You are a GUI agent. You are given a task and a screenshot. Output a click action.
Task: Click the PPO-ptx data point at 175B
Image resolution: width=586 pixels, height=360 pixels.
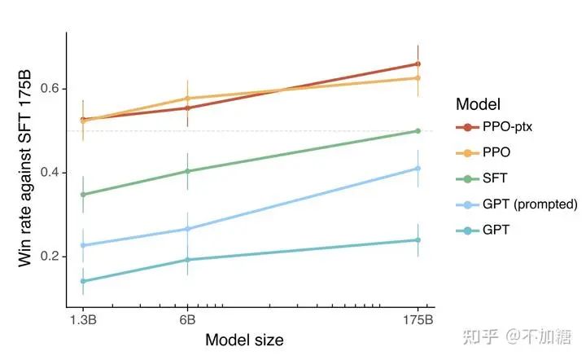tap(418, 64)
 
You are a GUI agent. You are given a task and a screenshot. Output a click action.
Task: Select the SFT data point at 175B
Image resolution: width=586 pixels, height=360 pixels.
tap(418, 130)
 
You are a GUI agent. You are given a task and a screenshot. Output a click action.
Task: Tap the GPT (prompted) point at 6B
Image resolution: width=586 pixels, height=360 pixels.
tap(188, 229)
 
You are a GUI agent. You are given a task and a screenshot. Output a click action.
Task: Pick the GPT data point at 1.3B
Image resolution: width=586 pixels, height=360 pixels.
tap(83, 281)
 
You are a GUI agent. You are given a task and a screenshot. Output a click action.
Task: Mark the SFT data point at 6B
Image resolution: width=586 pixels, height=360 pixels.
tap(188, 171)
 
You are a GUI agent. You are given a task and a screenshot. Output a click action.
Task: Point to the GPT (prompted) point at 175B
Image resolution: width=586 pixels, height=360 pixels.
tap(418, 169)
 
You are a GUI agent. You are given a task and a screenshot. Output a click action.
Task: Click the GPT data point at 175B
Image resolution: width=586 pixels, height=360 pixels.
tap(418, 240)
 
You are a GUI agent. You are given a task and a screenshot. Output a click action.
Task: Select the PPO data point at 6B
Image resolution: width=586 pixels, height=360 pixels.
tap(188, 99)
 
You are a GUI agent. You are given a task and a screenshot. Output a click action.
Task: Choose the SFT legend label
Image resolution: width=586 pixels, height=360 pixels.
tap(496, 178)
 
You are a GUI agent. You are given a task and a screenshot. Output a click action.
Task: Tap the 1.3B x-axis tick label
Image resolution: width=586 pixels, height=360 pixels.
tap(83, 318)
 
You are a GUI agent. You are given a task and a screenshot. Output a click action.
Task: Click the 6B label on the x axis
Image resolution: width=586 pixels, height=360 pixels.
tap(188, 318)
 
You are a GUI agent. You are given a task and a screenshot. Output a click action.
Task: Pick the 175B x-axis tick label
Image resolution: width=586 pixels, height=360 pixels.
tap(418, 318)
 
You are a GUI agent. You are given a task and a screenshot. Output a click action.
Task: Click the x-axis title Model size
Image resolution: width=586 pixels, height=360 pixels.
tap(244, 340)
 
